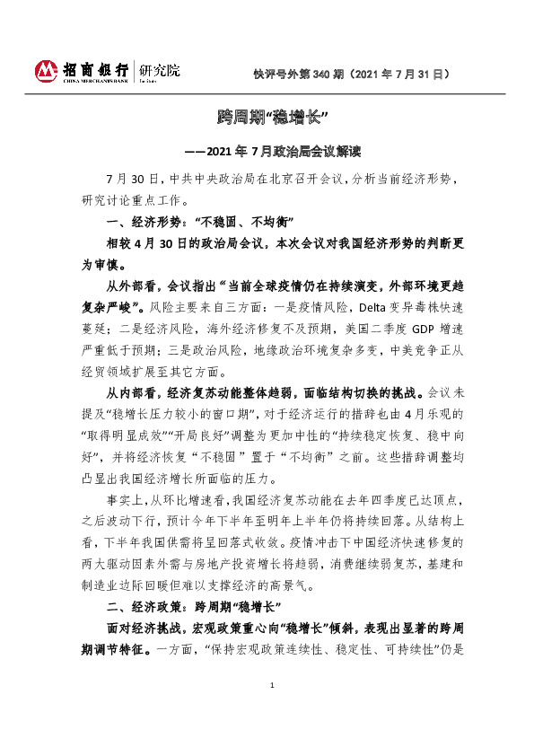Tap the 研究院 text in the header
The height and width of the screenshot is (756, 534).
pyautogui.click(x=158, y=68)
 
